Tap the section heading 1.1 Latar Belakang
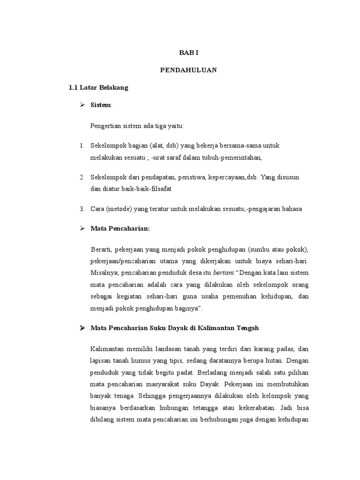point(98,88)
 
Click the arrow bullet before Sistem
point(81,105)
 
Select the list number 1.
point(81,146)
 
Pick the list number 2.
point(81,177)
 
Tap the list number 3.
point(81,209)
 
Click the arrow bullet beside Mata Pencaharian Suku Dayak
point(81,328)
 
